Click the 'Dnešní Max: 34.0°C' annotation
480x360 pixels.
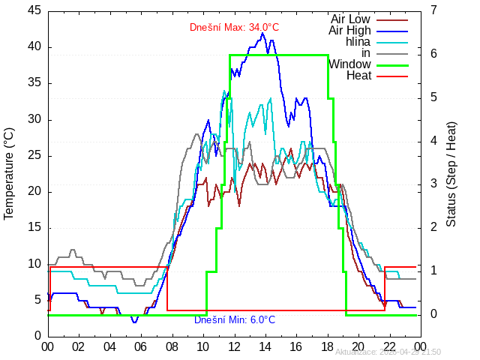(x=234, y=28)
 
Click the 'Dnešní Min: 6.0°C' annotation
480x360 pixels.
(x=230, y=320)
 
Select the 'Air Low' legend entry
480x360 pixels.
(x=350, y=19)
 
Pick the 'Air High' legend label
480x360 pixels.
(x=349, y=30)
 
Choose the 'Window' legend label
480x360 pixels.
(x=349, y=64)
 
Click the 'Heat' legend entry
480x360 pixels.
(x=358, y=75)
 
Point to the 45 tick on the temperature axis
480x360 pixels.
(x=34, y=10)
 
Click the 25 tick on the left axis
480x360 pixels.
(x=34, y=155)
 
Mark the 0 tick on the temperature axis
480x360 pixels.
(x=37, y=336)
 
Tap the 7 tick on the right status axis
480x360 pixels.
(x=434, y=10)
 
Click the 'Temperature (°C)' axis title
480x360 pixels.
(x=10, y=173)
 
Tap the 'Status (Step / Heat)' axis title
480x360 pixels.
(x=451, y=173)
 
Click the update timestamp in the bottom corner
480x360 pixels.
(x=388, y=352)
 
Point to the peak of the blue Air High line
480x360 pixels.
(x=262, y=33)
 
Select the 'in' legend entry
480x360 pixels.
(x=365, y=52)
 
